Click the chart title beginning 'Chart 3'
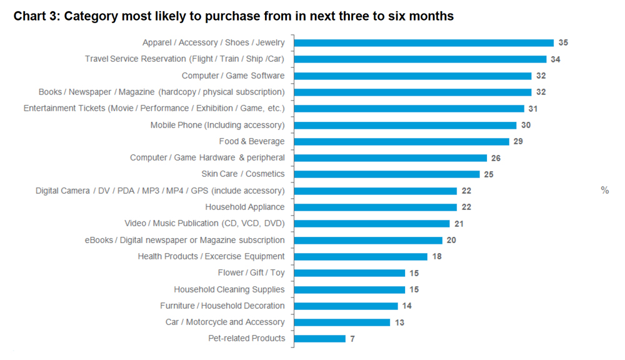click(x=234, y=16)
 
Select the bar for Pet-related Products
click(x=319, y=339)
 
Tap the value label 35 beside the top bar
click(x=563, y=43)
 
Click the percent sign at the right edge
click(x=604, y=190)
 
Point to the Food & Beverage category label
click(x=251, y=141)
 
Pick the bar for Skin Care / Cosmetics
click(x=387, y=174)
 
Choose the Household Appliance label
click(x=244, y=207)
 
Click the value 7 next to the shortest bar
click(x=353, y=339)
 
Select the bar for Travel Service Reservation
click(x=420, y=59)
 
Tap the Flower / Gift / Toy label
click(x=251, y=272)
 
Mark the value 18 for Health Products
click(x=436, y=256)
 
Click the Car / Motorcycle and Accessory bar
click(x=342, y=322)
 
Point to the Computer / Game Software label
click(x=232, y=76)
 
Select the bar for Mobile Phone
click(x=406, y=125)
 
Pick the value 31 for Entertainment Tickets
click(x=532, y=109)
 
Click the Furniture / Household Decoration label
click(x=222, y=306)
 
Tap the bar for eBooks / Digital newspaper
click(x=368, y=240)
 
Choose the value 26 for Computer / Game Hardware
click(x=496, y=158)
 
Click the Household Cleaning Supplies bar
click(x=349, y=289)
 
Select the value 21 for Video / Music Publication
click(x=459, y=224)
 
